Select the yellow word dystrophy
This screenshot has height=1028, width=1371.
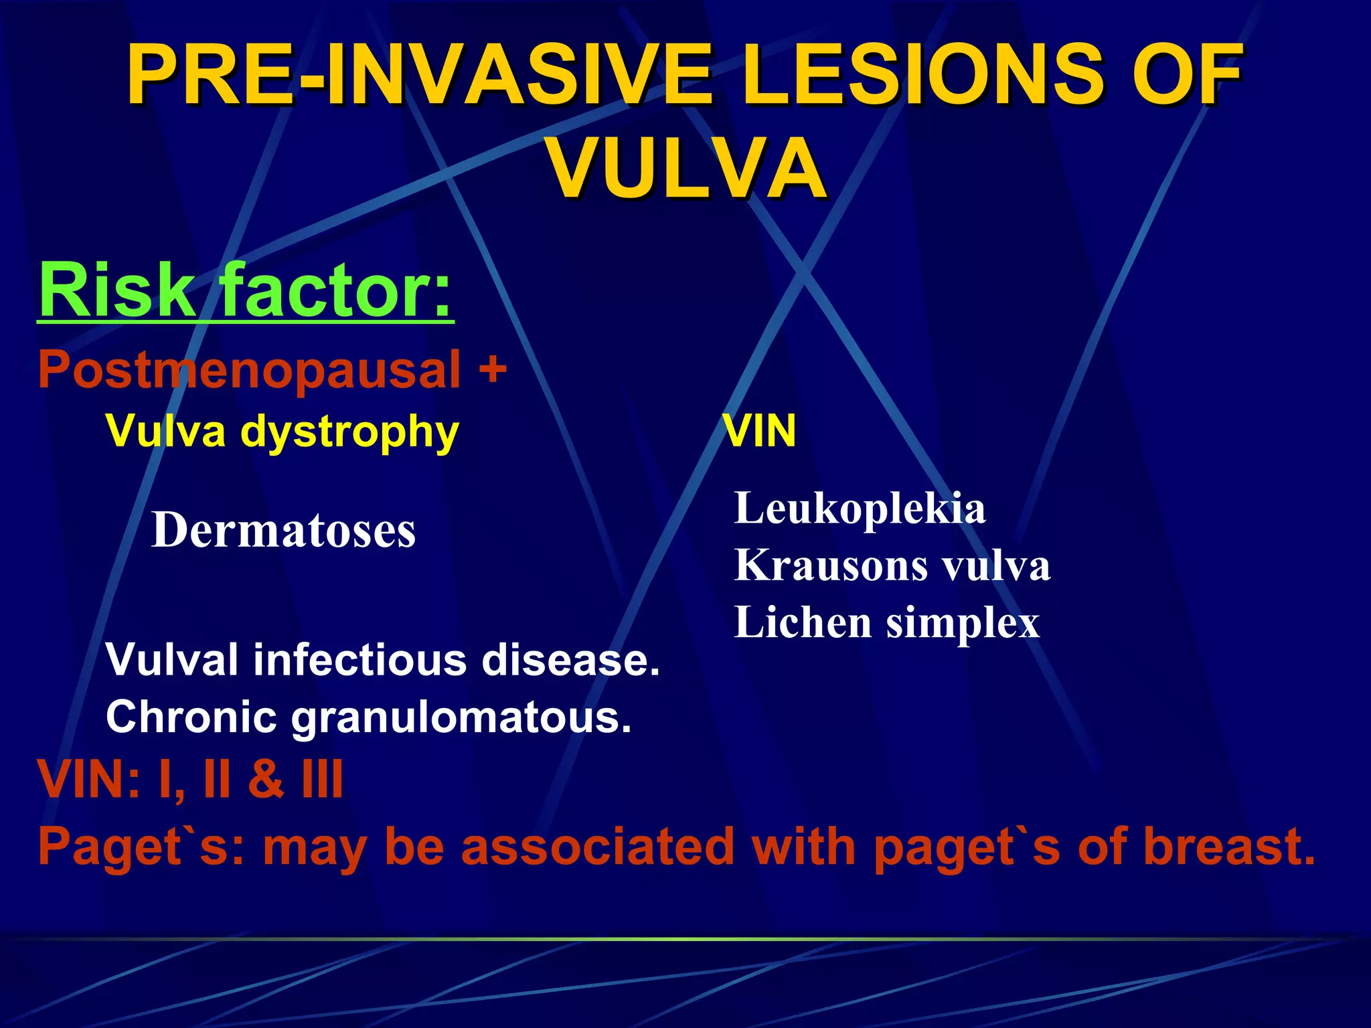[x=349, y=432]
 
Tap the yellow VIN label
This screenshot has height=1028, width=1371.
[x=760, y=431]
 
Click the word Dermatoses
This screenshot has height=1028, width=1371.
[x=283, y=530]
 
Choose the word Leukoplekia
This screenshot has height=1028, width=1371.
[x=860, y=509]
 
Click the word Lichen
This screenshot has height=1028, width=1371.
[x=803, y=622]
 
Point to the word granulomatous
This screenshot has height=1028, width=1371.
[x=461, y=717]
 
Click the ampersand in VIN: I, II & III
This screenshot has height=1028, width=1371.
[x=266, y=779]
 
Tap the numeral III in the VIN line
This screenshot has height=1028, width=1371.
[x=322, y=779]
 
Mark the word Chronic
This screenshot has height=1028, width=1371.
[x=191, y=717]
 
